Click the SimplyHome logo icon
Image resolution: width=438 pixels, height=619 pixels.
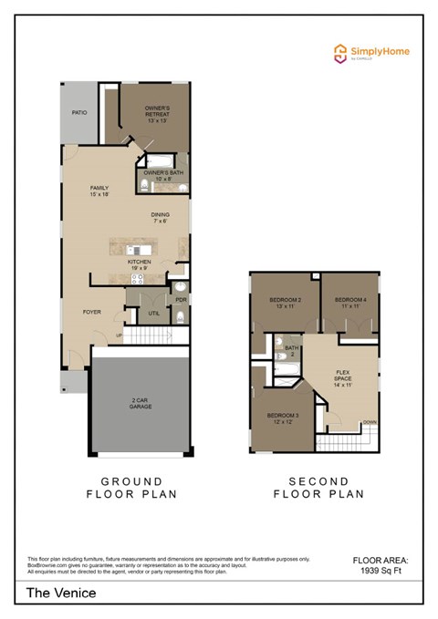click(339, 52)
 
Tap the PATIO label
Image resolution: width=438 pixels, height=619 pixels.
click(79, 113)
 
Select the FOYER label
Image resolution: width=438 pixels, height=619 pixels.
click(91, 312)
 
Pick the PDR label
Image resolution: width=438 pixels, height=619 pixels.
click(181, 299)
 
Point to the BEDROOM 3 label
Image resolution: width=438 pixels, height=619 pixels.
click(281, 418)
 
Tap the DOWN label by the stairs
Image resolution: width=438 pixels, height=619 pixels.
click(369, 422)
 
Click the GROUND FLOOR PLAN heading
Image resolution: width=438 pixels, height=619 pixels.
click(131, 488)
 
